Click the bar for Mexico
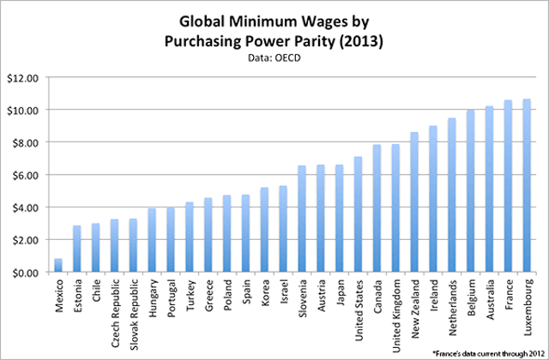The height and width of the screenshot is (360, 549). click(57, 265)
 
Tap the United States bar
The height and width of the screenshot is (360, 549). click(358, 214)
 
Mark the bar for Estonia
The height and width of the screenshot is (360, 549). click(76, 249)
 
